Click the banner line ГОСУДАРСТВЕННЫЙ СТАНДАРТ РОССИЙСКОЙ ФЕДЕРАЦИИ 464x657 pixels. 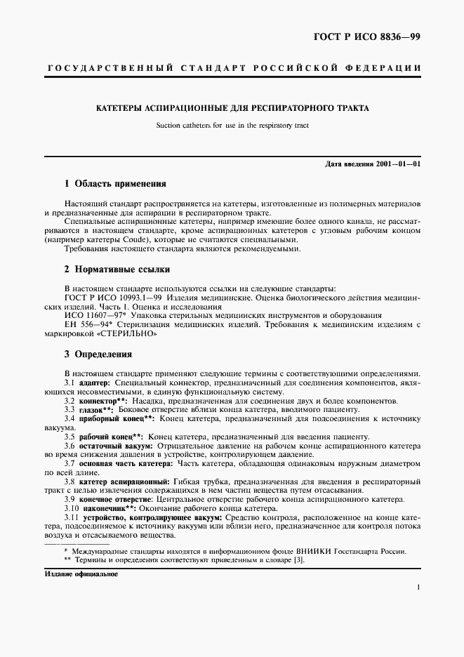[232, 68]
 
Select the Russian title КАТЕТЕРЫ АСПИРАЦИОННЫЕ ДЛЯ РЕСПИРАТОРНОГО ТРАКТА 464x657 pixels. [232, 109]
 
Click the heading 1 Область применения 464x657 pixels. [115, 184]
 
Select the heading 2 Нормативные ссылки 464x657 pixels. [117, 270]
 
